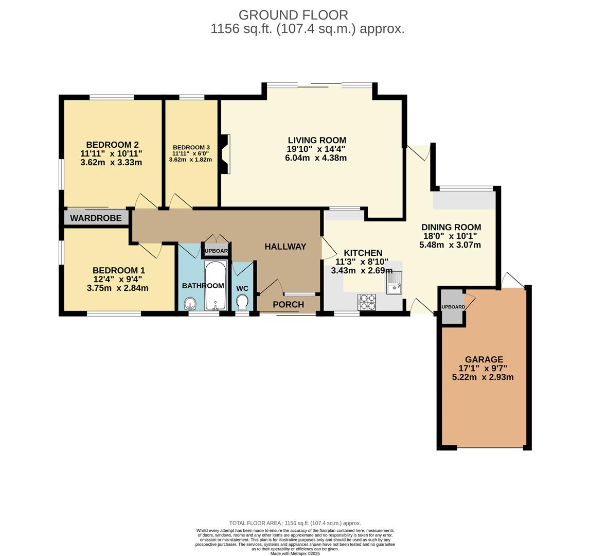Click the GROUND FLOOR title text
click(293, 15)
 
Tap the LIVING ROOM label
click(316, 140)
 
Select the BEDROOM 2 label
click(112, 145)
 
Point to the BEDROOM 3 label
click(191, 147)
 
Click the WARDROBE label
click(96, 218)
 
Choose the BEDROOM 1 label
click(118, 270)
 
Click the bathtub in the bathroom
click(215, 286)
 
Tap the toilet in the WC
click(242, 302)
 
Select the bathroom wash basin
click(190, 303)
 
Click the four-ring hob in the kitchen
click(367, 302)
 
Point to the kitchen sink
click(395, 283)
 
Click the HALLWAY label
click(285, 247)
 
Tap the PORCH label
click(288, 304)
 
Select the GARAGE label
click(484, 359)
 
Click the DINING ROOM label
click(451, 227)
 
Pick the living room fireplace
click(224, 154)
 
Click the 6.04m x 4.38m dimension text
click(316, 158)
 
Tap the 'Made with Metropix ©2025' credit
click(295, 553)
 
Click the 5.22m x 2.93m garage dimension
click(482, 377)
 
